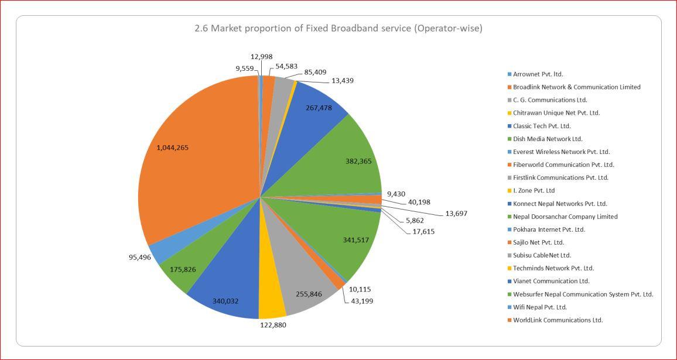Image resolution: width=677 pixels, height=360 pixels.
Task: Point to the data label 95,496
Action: [140, 257]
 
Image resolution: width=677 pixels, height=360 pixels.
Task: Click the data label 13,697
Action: [456, 214]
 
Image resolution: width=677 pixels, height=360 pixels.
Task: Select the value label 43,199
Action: [361, 301]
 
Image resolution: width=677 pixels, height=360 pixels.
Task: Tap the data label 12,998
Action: [261, 57]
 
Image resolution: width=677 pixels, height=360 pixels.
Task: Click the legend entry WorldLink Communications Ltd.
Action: [558, 320]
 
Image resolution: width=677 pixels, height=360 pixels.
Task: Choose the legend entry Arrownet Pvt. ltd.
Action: [538, 74]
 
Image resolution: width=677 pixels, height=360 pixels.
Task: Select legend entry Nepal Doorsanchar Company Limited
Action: [565, 217]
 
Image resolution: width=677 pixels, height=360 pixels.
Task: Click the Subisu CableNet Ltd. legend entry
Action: [542, 255]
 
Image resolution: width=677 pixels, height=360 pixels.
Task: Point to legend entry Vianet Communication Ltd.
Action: [551, 281]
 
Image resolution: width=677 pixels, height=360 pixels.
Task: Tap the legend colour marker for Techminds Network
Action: [510, 268]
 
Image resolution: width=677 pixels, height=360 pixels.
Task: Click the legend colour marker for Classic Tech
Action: [510, 126]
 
